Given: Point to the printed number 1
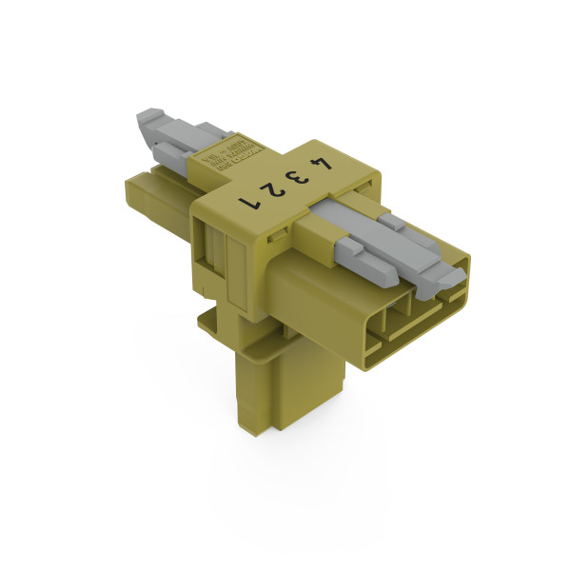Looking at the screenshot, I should coord(253,201).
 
